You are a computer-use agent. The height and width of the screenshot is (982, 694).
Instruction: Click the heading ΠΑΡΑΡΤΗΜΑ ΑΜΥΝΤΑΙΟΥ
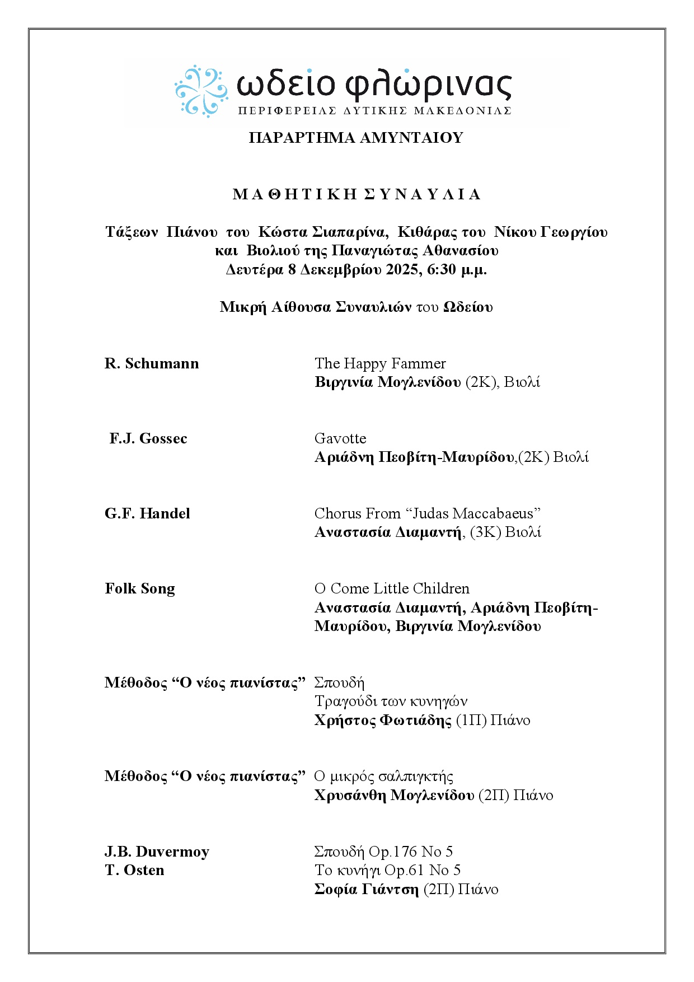coord(356,138)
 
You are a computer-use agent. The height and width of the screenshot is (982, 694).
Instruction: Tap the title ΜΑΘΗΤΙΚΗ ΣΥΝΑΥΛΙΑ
coord(357,194)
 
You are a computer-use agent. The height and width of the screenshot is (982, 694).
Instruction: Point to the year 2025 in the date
coord(402,269)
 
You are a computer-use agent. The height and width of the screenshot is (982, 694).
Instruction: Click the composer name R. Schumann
coord(152,363)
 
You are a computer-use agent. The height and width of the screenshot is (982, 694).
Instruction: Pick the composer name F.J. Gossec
coord(148,438)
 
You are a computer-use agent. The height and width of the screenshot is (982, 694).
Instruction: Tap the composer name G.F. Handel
coord(147,513)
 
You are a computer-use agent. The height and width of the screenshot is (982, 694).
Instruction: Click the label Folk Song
coord(140,588)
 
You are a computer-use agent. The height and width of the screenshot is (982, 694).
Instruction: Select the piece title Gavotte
coord(340,438)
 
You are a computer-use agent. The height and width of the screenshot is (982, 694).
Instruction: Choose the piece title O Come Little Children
coord(392,588)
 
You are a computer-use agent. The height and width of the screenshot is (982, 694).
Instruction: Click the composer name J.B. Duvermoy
coord(157,852)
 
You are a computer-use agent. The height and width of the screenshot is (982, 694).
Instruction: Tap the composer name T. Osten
coord(134,870)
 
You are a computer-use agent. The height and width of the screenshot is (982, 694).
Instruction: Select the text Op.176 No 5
coord(411,852)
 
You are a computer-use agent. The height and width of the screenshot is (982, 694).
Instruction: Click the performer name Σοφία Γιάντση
coord(367,889)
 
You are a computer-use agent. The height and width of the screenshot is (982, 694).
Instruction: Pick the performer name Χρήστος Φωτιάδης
coord(383,720)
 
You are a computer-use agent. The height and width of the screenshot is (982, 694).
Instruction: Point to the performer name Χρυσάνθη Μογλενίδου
coord(395,795)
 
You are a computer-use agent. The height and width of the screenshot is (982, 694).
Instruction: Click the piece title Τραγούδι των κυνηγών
coord(391,701)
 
